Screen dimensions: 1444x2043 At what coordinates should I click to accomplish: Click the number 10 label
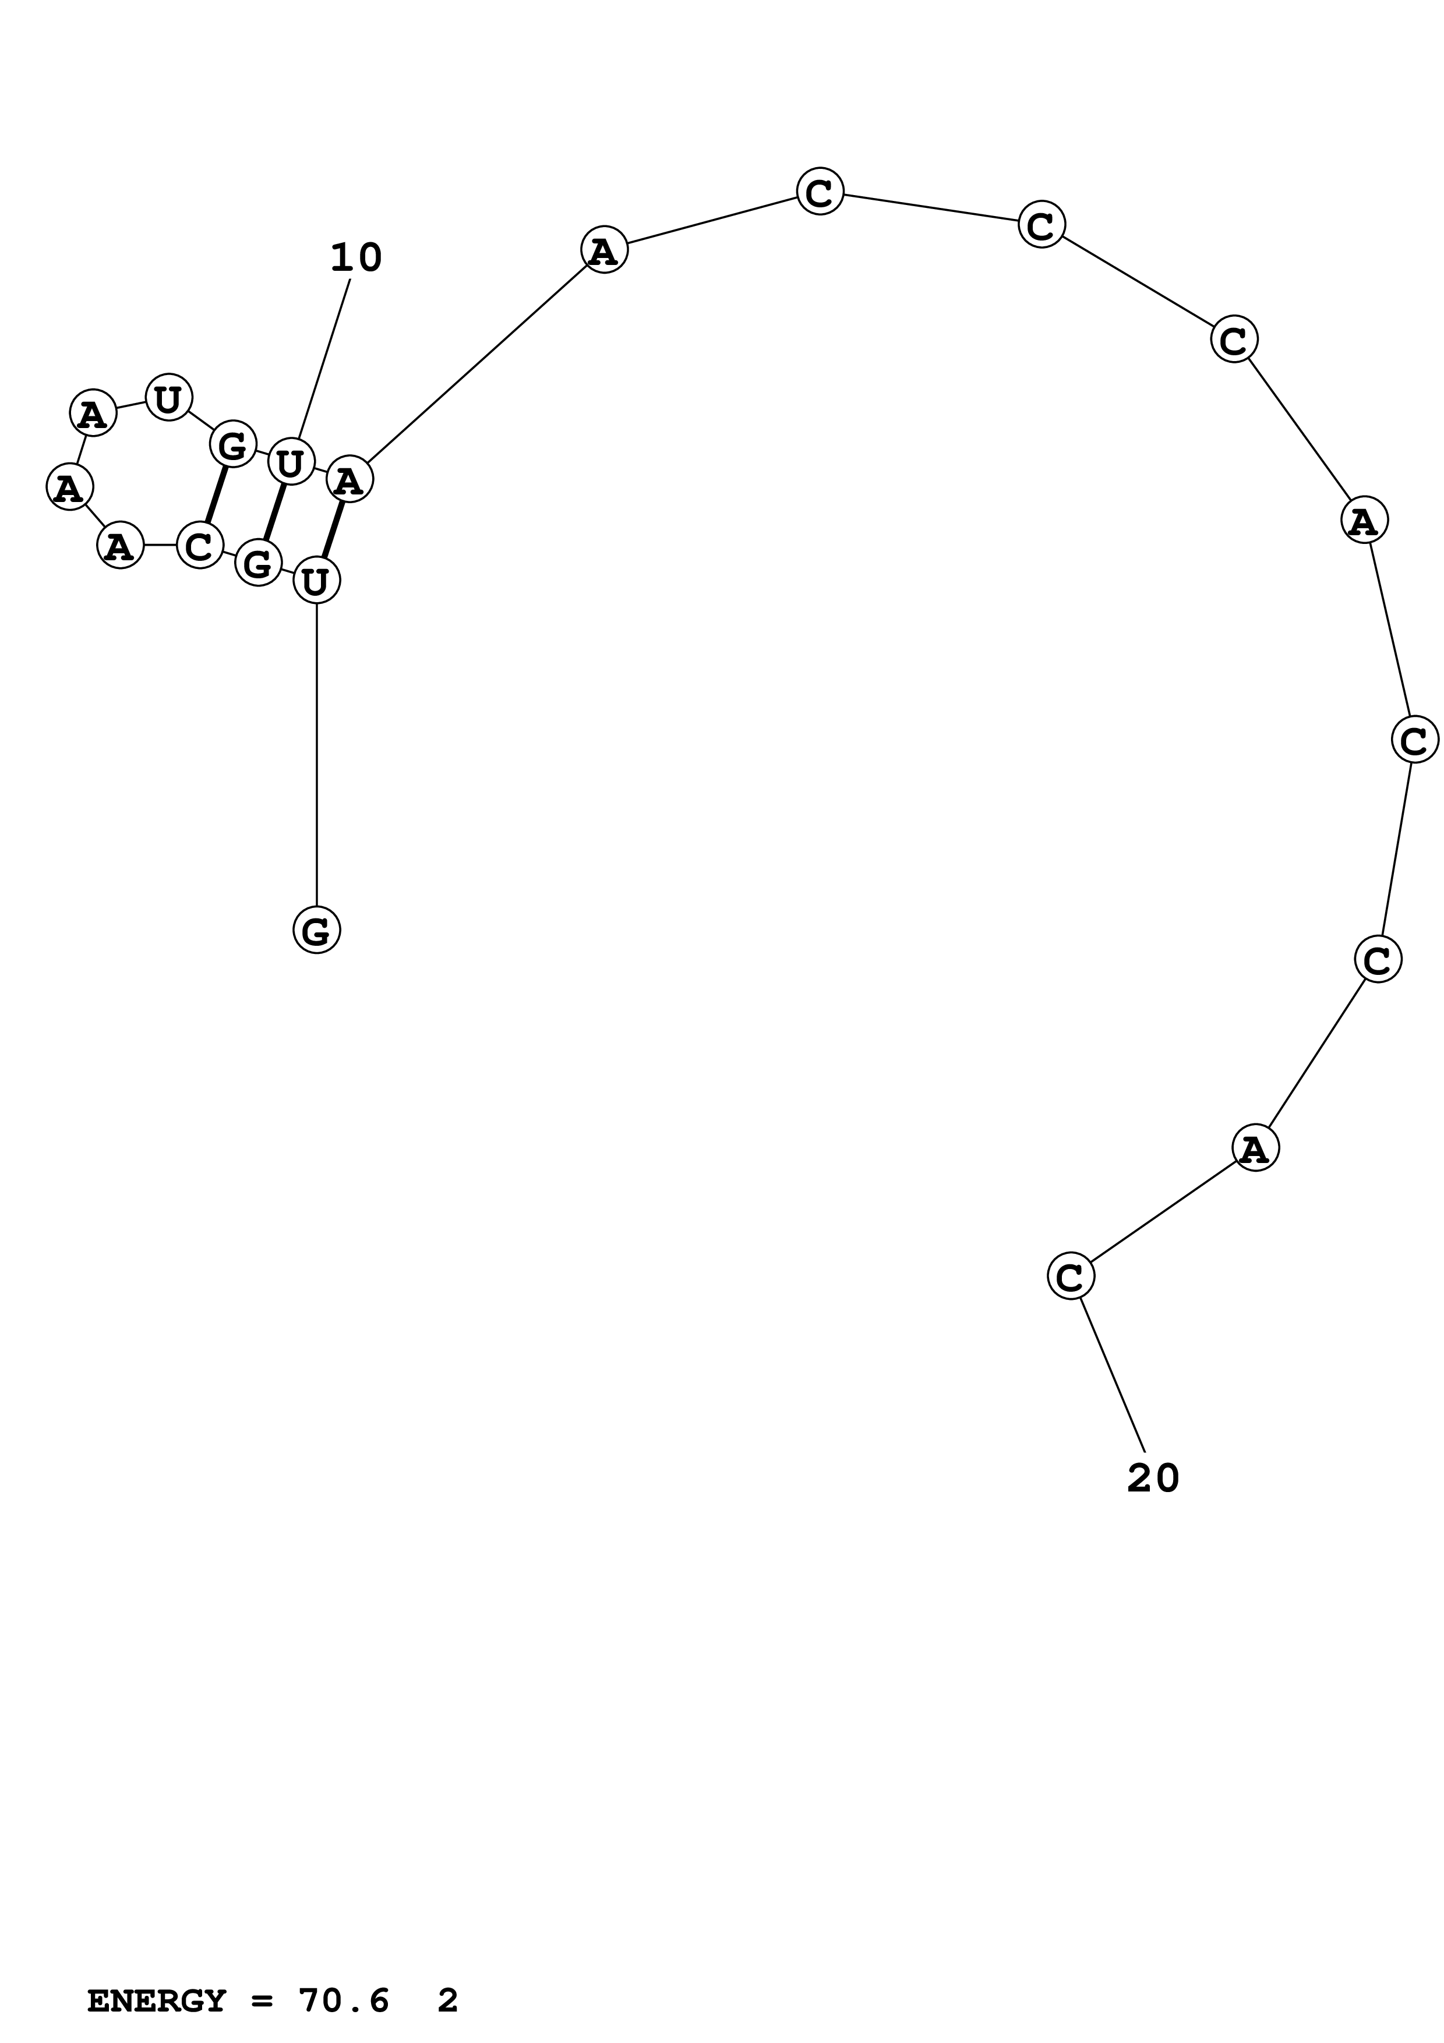point(356,258)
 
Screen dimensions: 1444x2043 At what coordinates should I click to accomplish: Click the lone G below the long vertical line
point(317,930)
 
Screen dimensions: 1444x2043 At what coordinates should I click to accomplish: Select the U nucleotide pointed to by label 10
point(291,462)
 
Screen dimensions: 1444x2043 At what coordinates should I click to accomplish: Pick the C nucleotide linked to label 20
point(1070,1276)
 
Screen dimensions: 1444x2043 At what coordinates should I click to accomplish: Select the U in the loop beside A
point(168,398)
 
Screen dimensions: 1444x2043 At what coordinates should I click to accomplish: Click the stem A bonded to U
point(349,480)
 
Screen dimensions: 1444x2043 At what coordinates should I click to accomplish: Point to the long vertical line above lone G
point(317,757)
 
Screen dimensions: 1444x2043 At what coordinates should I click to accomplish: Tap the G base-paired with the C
point(233,444)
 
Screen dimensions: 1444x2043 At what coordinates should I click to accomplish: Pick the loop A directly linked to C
point(120,546)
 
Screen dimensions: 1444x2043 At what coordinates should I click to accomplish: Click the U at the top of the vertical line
point(317,581)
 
